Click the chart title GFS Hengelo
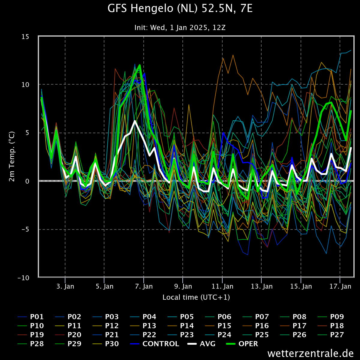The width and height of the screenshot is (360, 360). pos(180,9)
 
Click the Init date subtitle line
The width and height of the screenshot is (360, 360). pos(180,28)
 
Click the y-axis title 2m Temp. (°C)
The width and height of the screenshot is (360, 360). pos(12,156)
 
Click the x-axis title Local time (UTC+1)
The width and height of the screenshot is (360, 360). pos(196,297)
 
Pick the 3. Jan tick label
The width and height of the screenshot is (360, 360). pos(65,286)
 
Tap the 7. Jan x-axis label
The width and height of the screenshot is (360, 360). pos(144,286)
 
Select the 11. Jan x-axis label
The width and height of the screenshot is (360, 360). pos(222,286)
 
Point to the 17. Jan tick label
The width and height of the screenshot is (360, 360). pos(340,286)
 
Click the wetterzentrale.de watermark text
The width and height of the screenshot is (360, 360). pos(310,353)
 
